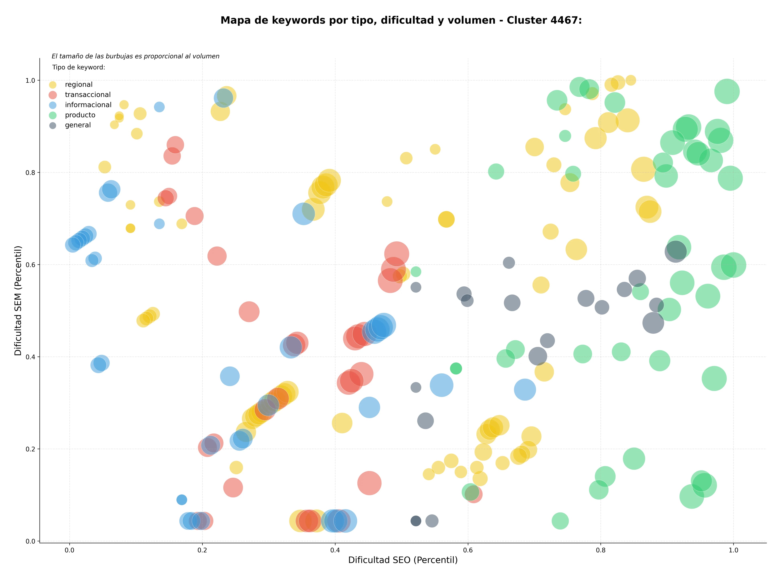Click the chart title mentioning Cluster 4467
pyautogui.click(x=401, y=20)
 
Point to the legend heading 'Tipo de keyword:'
pyautogui.click(x=79, y=67)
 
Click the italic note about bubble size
pyautogui.click(x=136, y=56)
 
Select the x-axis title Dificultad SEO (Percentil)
pyautogui.click(x=403, y=560)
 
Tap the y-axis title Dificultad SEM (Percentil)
pyautogui.click(x=18, y=300)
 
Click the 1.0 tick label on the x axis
pyautogui.click(x=733, y=550)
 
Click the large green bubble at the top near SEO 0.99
pyautogui.click(x=727, y=91)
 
